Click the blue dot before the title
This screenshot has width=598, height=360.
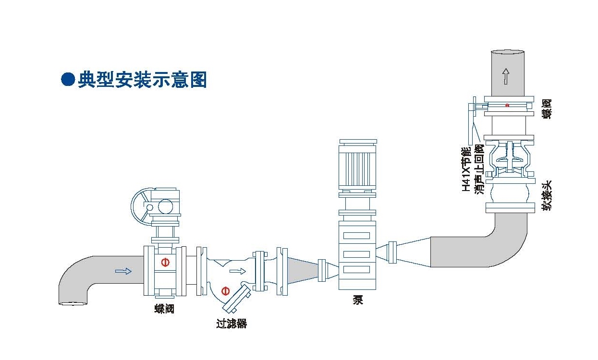[68, 79]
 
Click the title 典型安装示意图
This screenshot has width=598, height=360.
[142, 79]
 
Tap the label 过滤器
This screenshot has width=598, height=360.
[232, 324]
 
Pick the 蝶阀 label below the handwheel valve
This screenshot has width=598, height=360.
[164, 309]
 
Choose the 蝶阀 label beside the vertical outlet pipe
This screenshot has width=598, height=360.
[547, 109]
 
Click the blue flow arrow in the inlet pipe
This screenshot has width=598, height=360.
[123, 271]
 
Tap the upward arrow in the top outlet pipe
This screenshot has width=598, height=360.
[505, 76]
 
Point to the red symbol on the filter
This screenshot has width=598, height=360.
[225, 290]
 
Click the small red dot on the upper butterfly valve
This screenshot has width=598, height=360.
[507, 105]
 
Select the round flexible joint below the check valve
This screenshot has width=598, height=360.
[508, 195]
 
